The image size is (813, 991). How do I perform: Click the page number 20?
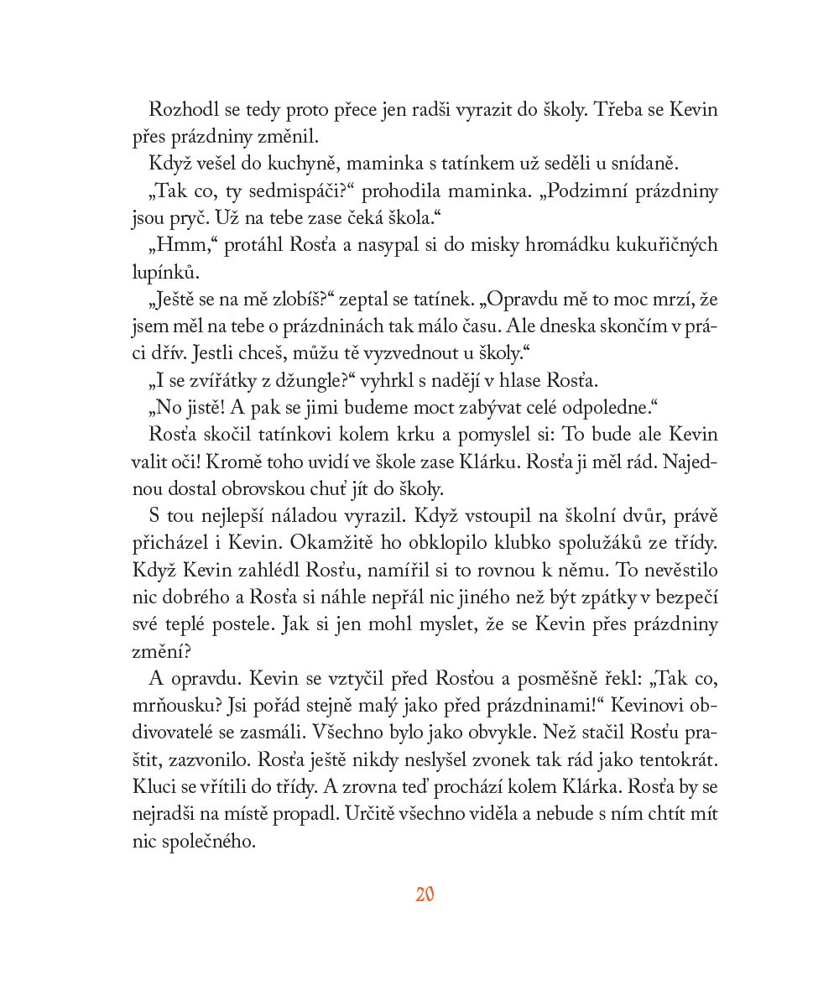424,894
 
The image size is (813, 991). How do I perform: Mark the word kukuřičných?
667,244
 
